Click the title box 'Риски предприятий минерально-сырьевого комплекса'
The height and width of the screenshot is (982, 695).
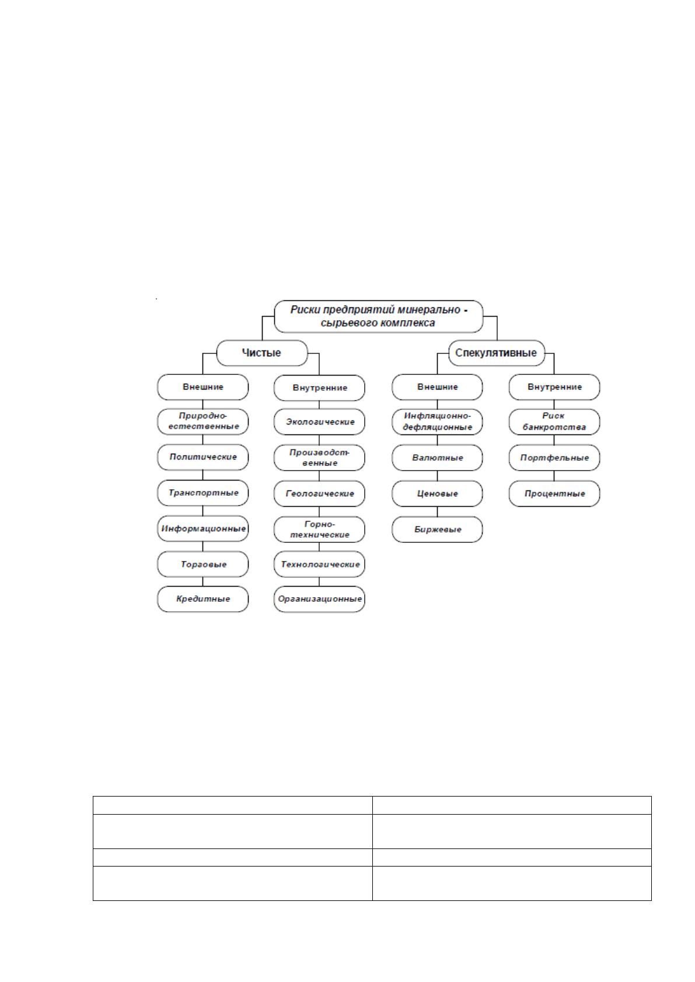point(378,316)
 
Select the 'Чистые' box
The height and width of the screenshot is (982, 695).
point(262,353)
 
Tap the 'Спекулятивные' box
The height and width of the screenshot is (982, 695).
point(496,353)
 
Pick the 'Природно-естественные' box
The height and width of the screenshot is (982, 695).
point(202,422)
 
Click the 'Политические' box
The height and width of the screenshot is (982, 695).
point(202,457)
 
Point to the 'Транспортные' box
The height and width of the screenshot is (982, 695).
point(202,493)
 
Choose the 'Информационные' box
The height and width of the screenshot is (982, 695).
point(202,529)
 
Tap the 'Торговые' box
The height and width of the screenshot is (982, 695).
point(202,564)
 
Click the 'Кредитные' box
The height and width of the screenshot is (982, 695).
point(202,599)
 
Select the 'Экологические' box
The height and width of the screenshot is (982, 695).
point(319,422)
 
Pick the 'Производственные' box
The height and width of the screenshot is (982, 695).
point(319,458)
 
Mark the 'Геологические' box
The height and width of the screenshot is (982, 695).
point(319,494)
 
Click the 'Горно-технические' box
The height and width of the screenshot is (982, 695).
point(319,529)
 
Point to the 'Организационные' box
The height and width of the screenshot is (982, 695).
point(319,599)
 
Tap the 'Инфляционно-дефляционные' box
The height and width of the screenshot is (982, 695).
point(437,422)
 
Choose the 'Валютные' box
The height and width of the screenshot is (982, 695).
point(437,458)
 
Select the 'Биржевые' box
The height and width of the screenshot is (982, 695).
point(437,529)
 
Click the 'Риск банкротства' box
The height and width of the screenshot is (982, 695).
point(554,422)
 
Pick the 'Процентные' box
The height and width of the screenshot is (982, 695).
point(554,494)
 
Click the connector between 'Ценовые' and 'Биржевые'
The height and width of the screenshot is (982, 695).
point(437,511)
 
